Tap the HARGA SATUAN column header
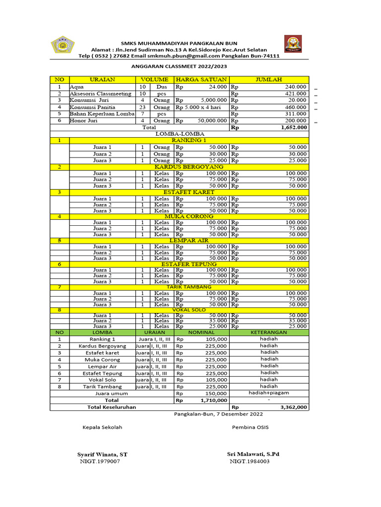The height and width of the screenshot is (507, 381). (201, 79)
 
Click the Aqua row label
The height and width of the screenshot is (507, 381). (77, 87)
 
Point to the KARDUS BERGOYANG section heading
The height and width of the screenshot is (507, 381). (193, 167)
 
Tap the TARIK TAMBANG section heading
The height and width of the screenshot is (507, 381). (189, 287)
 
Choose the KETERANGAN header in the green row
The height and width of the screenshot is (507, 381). (269, 333)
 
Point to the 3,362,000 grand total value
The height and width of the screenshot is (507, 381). (294, 407)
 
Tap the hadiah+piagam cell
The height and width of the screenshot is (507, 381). (269, 393)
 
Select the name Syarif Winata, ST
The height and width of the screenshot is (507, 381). (102, 454)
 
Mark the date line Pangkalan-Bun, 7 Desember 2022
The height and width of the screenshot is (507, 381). (218, 414)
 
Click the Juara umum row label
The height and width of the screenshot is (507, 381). (111, 393)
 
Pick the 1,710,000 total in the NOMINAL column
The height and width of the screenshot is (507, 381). (214, 400)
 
